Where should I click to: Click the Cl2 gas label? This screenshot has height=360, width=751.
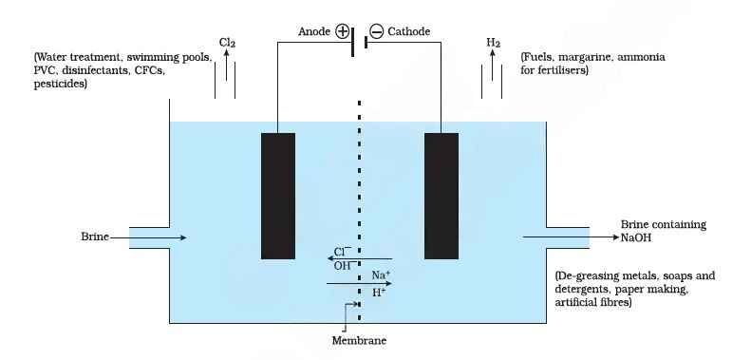click(x=227, y=43)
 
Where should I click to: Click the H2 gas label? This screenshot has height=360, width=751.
click(x=493, y=43)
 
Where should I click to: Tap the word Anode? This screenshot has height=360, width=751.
click(x=314, y=31)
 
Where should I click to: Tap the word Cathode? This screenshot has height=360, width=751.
click(x=408, y=31)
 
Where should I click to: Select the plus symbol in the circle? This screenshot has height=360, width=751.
click(x=342, y=31)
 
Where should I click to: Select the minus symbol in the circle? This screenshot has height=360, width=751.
click(x=376, y=31)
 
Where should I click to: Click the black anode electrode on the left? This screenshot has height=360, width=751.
click(x=277, y=196)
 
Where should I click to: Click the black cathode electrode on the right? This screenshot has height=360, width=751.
click(x=441, y=196)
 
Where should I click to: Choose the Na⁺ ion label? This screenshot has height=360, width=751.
click(x=381, y=275)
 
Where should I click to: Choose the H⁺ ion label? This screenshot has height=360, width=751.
click(x=379, y=293)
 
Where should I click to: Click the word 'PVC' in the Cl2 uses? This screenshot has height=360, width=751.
click(x=46, y=70)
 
